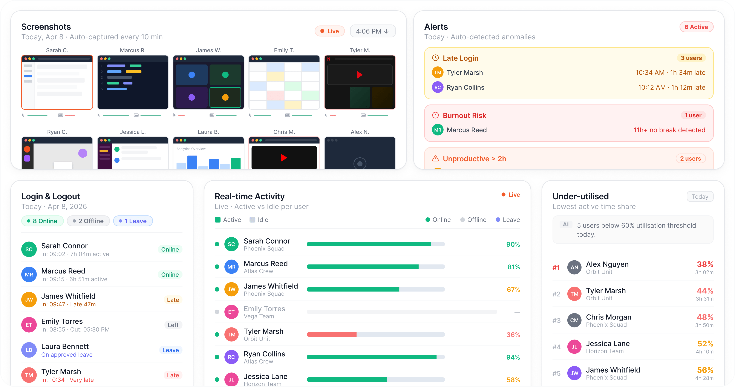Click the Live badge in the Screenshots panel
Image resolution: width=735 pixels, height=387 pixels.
tap(329, 31)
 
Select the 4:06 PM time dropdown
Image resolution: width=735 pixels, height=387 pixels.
tap(372, 31)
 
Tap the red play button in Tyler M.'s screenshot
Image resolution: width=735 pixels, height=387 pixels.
tap(360, 75)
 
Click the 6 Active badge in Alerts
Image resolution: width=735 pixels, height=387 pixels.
tap(696, 27)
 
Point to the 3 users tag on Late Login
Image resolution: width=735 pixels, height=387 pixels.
tap(691, 58)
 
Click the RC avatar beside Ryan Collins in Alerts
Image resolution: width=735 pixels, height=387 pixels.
tap(437, 87)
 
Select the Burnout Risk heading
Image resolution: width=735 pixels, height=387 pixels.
tap(464, 116)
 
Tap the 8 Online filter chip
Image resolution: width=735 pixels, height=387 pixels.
tap(42, 221)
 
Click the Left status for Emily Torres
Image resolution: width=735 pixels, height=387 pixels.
tap(173, 325)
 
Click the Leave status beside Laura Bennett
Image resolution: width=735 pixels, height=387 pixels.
tap(171, 350)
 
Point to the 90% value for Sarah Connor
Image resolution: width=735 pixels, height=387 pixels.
tap(513, 245)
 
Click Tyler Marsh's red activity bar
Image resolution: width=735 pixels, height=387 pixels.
tap(332, 335)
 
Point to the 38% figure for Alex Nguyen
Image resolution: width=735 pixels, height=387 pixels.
tap(705, 264)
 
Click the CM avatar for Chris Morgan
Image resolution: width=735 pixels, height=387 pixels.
tap(574, 321)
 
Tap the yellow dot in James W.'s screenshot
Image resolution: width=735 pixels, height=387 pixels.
tap(225, 97)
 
